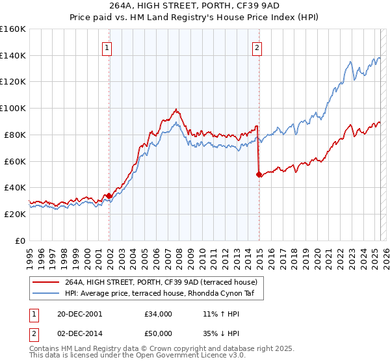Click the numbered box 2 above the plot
coord(257,47)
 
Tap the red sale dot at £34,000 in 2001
coord(109,195)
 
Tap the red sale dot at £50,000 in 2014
coord(259,174)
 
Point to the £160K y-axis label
coord(13,29)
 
